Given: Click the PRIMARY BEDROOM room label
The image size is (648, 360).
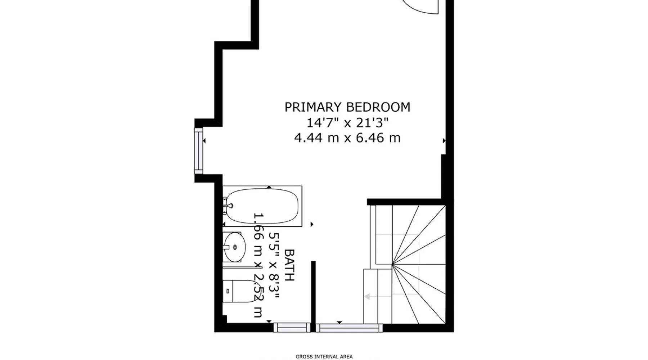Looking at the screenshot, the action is (x=347, y=107).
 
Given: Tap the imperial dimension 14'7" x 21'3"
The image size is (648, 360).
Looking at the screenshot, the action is (x=347, y=123).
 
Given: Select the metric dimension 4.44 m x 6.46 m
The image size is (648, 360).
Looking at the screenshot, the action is (x=347, y=138).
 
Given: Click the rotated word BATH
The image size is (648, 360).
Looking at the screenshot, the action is (x=289, y=265).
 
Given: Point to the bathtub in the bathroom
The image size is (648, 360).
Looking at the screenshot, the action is (x=262, y=206).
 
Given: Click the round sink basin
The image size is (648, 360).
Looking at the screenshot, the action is (x=234, y=247).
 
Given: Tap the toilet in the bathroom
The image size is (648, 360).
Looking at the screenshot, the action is (x=240, y=291).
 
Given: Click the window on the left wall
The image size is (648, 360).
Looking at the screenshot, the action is (x=198, y=150).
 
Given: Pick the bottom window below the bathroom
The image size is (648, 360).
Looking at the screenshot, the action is (x=292, y=328).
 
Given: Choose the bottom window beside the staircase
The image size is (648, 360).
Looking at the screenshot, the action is (x=350, y=328).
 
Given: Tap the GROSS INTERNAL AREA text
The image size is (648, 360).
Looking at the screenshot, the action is (x=324, y=357).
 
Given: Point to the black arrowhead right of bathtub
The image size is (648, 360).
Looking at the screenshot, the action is (x=312, y=224).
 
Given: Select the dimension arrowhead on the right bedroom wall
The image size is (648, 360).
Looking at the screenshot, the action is (x=444, y=141).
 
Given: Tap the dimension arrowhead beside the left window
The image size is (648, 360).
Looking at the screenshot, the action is (x=204, y=141).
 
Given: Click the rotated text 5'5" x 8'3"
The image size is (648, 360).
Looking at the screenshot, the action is (x=274, y=266).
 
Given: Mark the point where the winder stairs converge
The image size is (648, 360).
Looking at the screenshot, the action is (x=392, y=265).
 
